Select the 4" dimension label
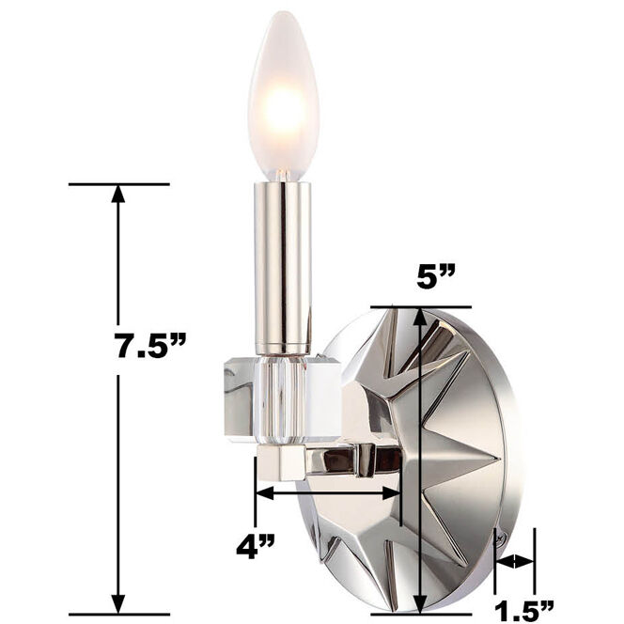click(255, 544)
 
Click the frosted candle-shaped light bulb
click(283, 94)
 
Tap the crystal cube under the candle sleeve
click(282, 395)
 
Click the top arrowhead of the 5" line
click(420, 317)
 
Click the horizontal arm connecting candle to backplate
click(348, 460)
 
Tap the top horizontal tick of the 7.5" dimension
click(118, 184)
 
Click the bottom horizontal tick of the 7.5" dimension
click(118, 614)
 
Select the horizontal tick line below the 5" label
click(420, 306)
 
